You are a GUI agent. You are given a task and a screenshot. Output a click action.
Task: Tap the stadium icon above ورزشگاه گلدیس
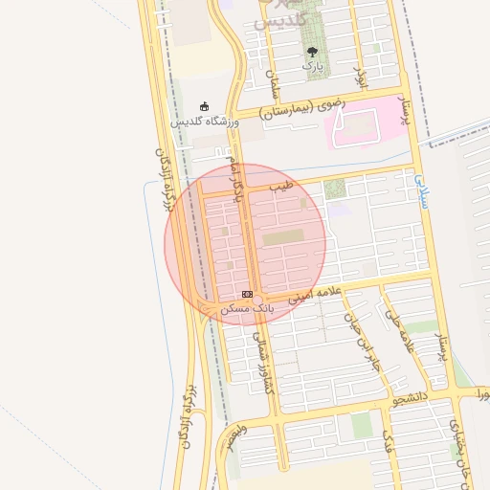pos(204,106)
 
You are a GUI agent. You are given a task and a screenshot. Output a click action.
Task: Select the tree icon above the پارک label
pos(312,51)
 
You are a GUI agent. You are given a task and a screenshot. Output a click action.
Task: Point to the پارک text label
pos(312,66)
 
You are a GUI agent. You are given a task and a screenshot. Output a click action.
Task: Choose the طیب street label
pos(279,186)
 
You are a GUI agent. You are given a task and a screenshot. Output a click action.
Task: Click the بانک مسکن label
pos(247,309)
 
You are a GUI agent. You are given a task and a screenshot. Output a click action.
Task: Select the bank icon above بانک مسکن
pos(248,294)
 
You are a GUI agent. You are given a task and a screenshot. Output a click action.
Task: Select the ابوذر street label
pos(362,75)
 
